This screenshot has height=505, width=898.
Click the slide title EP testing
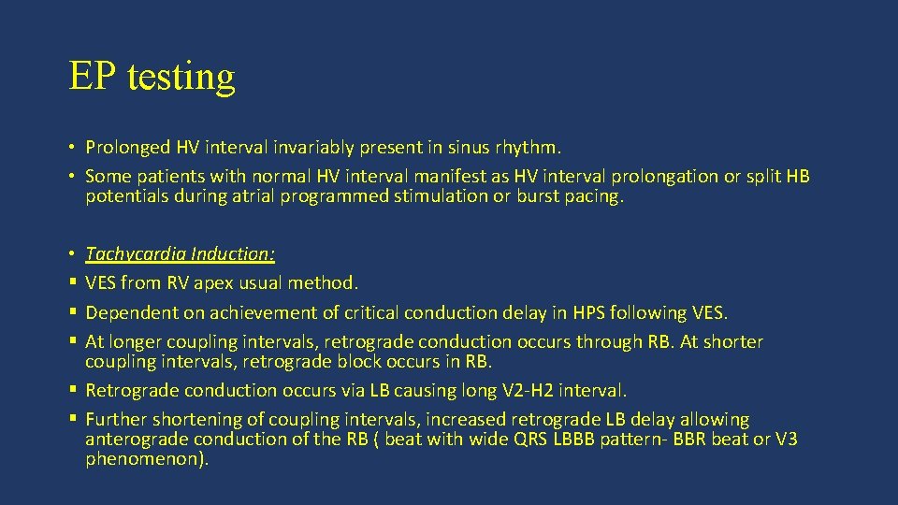point(152,76)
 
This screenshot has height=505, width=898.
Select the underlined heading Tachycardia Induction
point(180,253)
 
